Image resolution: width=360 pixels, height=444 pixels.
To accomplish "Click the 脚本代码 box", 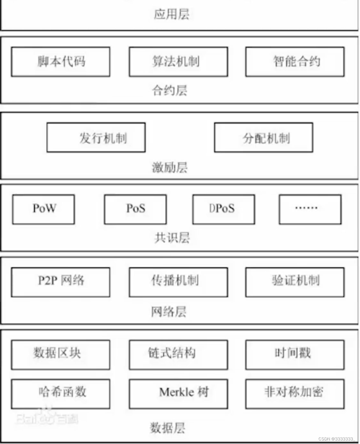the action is coord(61,62).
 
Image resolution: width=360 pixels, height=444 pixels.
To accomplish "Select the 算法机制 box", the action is coord(178,62).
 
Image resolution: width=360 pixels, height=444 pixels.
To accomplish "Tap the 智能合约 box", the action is coord(295,62).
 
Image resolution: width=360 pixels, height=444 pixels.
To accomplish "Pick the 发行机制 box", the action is coord(96,138).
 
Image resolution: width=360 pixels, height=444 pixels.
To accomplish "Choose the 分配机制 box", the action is coord(264,138).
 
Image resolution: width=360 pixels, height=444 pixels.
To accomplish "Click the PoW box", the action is coord(44,209).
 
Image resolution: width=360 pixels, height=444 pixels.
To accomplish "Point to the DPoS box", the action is coord(224,209).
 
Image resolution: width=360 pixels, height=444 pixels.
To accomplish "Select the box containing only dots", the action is coord(310,209).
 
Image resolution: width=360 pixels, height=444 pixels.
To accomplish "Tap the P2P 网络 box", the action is coord(61,282).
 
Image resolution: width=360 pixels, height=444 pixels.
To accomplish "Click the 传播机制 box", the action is coord(178,282).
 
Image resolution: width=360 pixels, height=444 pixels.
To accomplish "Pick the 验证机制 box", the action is coord(295,282).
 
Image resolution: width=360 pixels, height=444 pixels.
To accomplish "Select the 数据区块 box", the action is coord(61,355).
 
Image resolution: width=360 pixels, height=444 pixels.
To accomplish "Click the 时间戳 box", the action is coord(295,355).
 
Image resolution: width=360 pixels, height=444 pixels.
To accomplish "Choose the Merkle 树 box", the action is coord(178,394).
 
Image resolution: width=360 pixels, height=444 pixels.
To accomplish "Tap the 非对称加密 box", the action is coord(295,394).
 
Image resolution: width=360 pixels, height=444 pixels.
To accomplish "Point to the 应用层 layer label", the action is coord(172,14).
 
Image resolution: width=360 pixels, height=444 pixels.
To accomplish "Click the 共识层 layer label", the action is coord(172,238).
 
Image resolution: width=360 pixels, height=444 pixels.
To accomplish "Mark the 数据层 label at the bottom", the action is coord(167,428).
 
